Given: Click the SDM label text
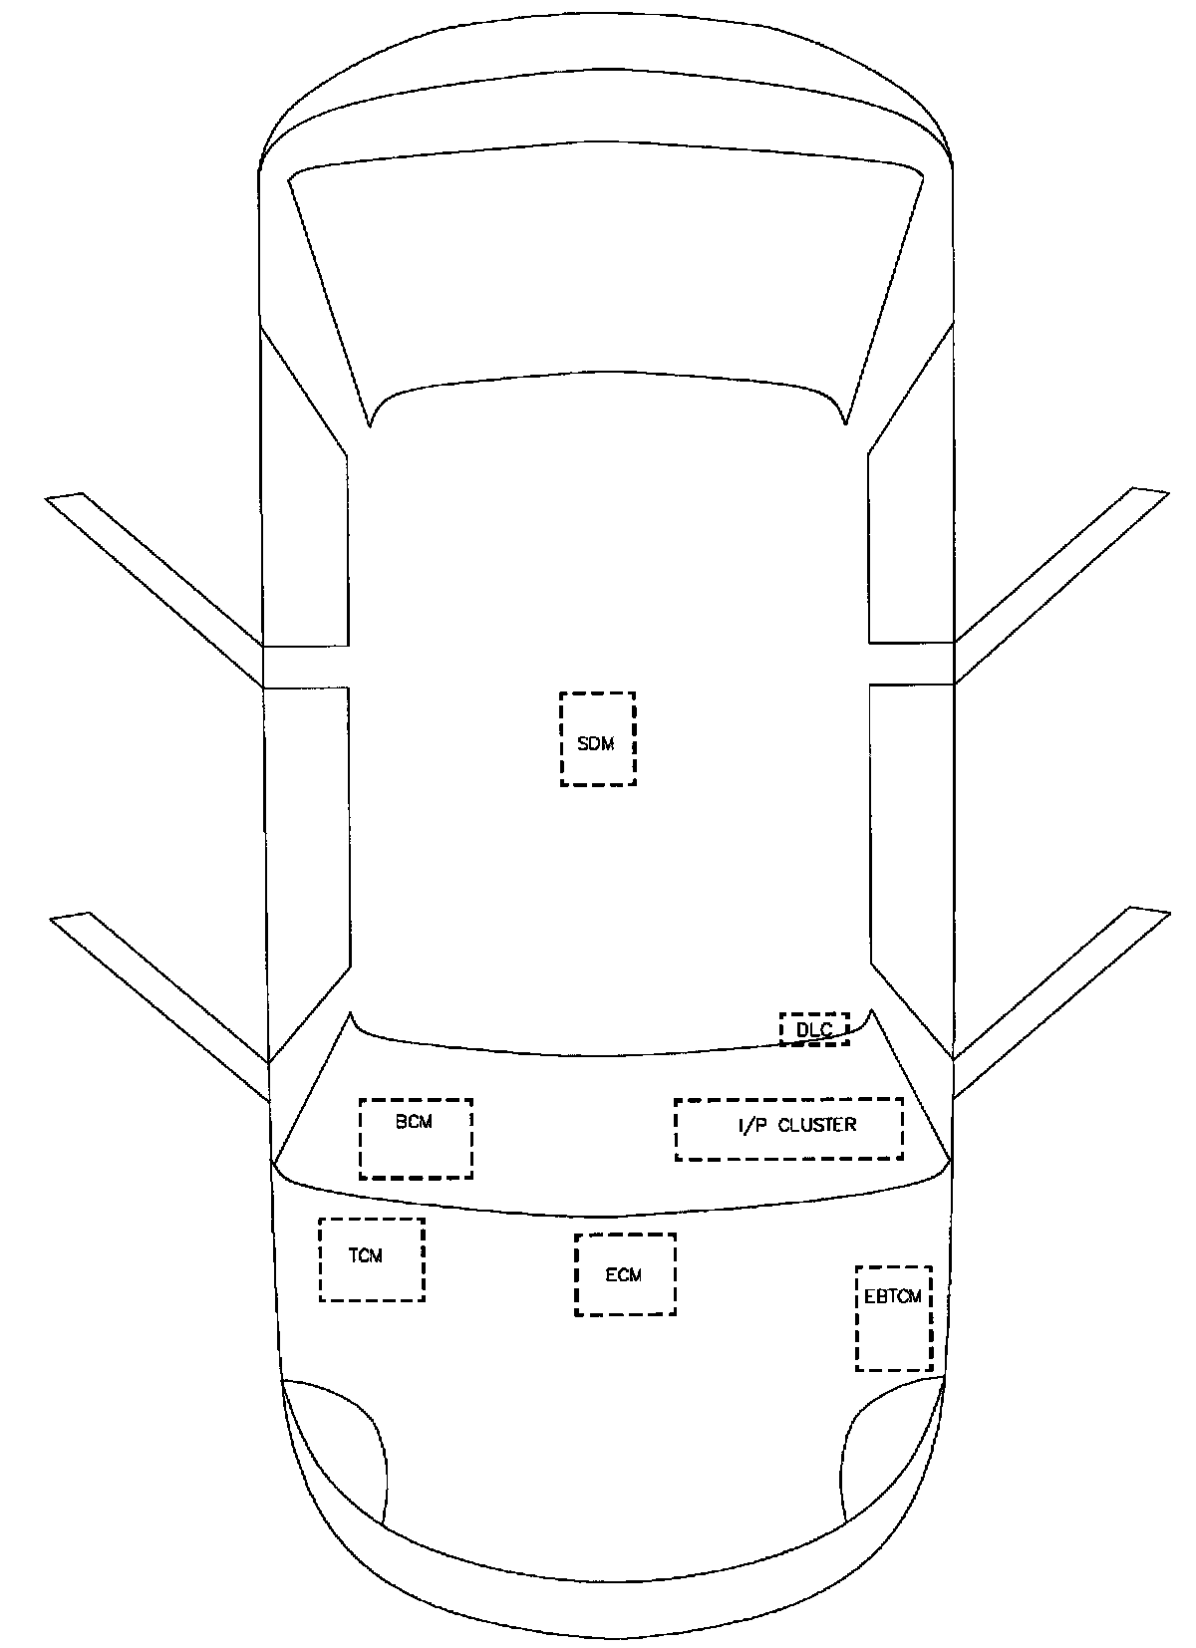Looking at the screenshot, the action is click(596, 743).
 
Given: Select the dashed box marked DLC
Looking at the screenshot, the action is click(814, 1028).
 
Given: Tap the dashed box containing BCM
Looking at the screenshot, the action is click(416, 1139).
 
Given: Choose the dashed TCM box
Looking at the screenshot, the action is click(371, 1259).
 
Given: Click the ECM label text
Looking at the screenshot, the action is click(624, 1274).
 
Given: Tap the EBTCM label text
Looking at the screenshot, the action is click(893, 1297).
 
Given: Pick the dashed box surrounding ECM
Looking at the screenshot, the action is click(625, 1274).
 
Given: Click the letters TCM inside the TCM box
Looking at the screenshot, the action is click(366, 1255).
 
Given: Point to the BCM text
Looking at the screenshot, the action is click(414, 1121).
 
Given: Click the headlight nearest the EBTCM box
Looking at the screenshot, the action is click(890, 1455).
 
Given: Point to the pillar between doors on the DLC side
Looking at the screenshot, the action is click(911, 664).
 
